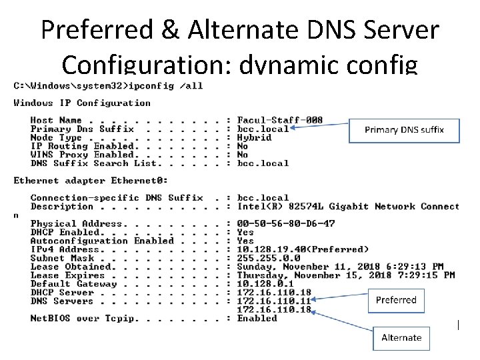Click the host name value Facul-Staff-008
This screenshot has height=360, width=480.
pos(280,120)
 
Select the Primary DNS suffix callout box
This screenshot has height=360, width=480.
pos(404,130)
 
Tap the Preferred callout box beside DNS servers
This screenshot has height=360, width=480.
pos(396,300)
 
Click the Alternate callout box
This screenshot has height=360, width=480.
pos(401,337)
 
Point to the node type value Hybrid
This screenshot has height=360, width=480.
pos(255,137)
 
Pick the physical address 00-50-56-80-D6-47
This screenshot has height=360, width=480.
pos(286,223)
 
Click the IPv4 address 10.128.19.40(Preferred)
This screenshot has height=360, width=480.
pos(303,249)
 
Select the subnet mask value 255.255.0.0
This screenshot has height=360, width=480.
pos(269,258)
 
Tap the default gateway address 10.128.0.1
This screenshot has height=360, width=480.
pos(265,283)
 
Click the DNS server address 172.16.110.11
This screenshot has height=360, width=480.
pos(274,301)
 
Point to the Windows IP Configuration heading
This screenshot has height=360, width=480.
pos(82,103)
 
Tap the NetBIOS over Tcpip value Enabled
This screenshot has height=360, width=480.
pos(257,318)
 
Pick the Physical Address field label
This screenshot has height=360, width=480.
pos(73,223)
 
